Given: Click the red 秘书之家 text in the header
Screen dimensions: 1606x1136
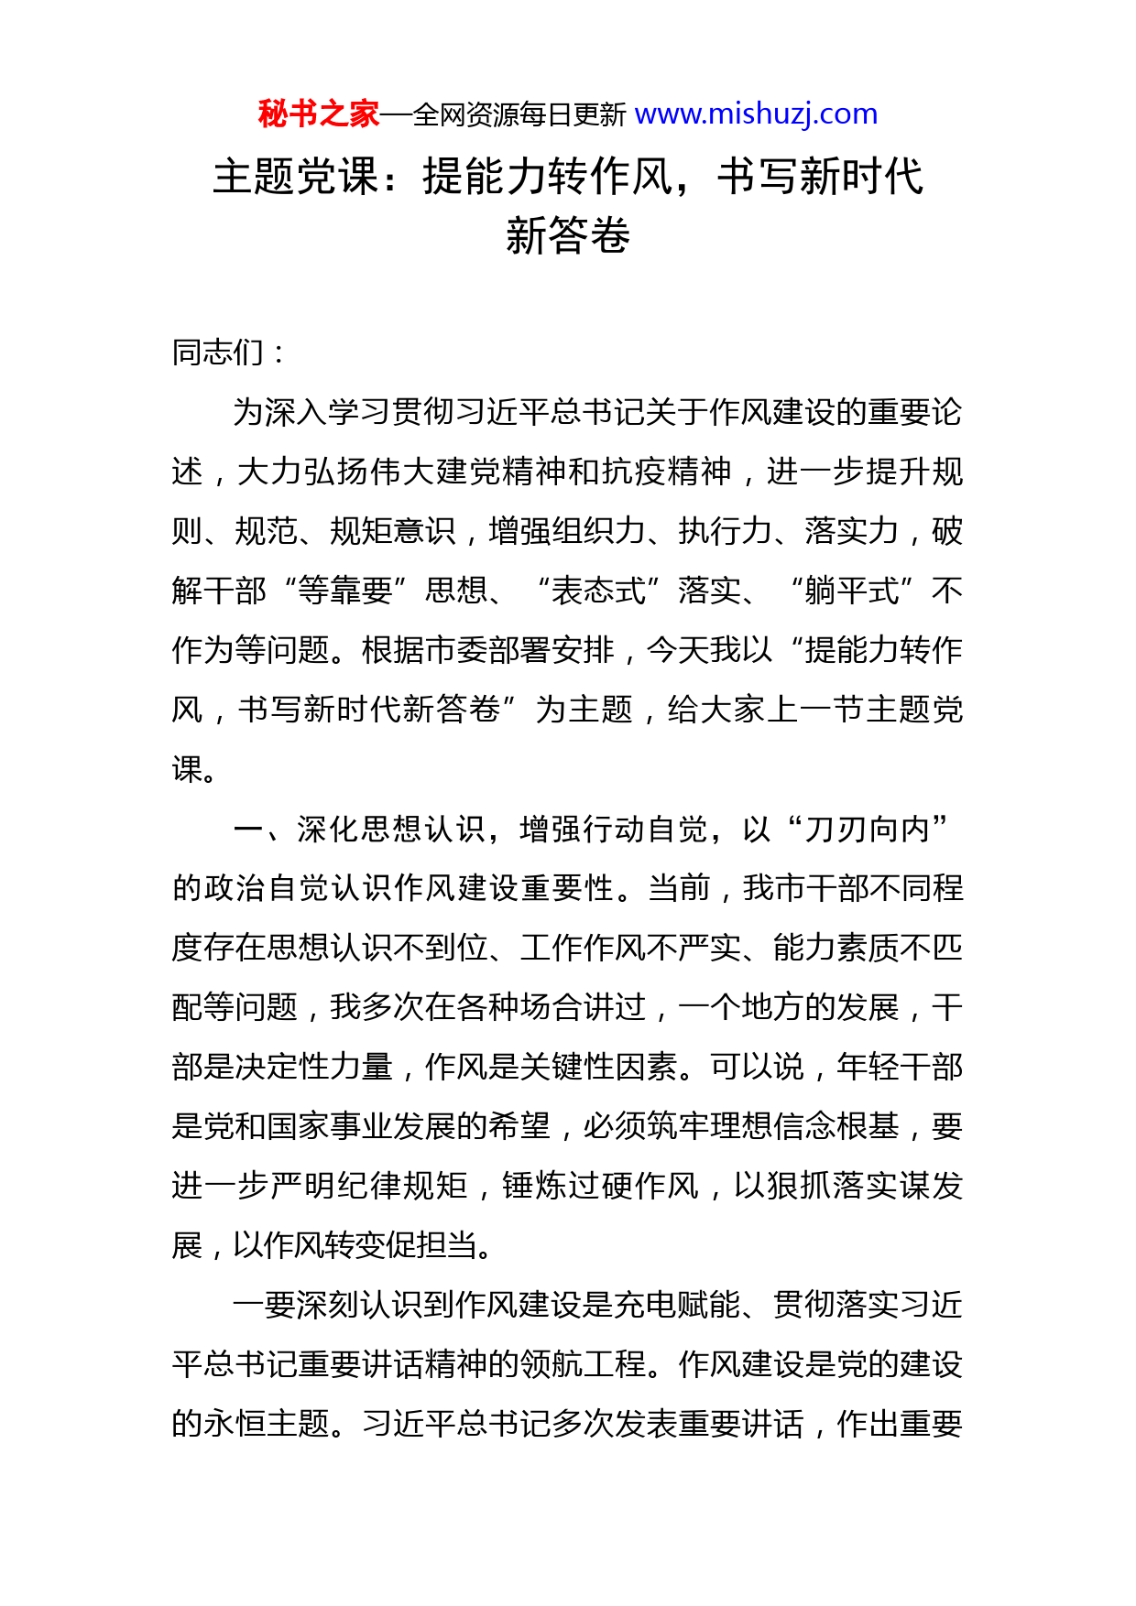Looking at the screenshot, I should click(318, 114).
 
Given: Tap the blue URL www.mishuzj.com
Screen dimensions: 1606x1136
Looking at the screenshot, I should click(756, 114).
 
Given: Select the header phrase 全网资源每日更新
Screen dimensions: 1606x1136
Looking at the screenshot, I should click(519, 115).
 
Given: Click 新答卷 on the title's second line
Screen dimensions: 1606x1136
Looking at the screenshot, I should click(567, 235).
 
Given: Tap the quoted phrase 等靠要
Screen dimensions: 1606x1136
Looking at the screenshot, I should click(345, 591).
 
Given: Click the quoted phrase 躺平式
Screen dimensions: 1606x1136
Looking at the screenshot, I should click(852, 591).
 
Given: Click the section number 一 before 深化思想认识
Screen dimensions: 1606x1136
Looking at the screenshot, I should click(249, 829).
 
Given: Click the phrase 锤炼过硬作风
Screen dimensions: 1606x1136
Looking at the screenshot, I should click(599, 1186).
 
